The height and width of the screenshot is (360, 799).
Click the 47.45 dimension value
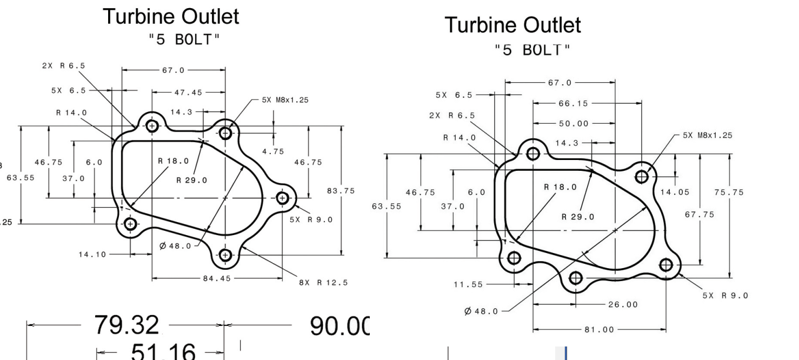pyautogui.click(x=188, y=92)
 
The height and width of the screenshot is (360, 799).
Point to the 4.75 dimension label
pyautogui.click(x=273, y=151)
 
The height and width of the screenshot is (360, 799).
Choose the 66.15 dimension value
pyautogui.click(x=574, y=103)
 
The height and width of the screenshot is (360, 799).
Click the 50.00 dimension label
pyautogui.click(x=574, y=123)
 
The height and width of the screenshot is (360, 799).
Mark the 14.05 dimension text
pyautogui.click(x=674, y=191)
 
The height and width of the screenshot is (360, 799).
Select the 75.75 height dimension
pyautogui.click(x=729, y=192)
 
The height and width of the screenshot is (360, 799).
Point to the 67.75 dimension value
pyautogui.click(x=700, y=214)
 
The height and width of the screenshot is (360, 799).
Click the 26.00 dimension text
pyautogui.click(x=623, y=304)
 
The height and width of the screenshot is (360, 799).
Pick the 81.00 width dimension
pyautogui.click(x=598, y=329)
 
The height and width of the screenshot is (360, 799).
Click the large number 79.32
pyautogui.click(x=127, y=325)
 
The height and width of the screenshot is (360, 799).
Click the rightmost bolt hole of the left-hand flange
pyautogui.click(x=282, y=198)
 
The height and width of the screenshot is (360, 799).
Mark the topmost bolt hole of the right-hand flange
pyautogui.click(x=533, y=154)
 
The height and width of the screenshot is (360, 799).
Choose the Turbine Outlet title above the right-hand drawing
pyautogui.click(x=512, y=25)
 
